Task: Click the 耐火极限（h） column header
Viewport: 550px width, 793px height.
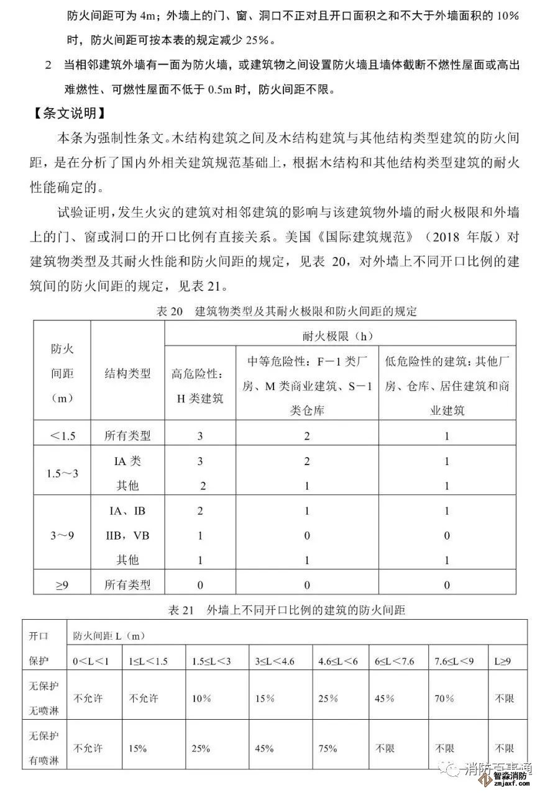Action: pyautogui.click(x=339, y=336)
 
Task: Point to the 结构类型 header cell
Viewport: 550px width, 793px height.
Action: pyautogui.click(x=127, y=373)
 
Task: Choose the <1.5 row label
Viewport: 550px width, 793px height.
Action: pyautogui.click(x=62, y=435)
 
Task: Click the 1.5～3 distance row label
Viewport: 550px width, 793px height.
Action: pyautogui.click(x=62, y=473)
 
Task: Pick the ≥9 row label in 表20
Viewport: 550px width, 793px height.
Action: pyautogui.click(x=62, y=584)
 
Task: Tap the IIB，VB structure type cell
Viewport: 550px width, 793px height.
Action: pyautogui.click(x=127, y=535)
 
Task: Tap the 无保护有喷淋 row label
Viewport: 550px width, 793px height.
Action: pyautogui.click(x=44, y=748)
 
